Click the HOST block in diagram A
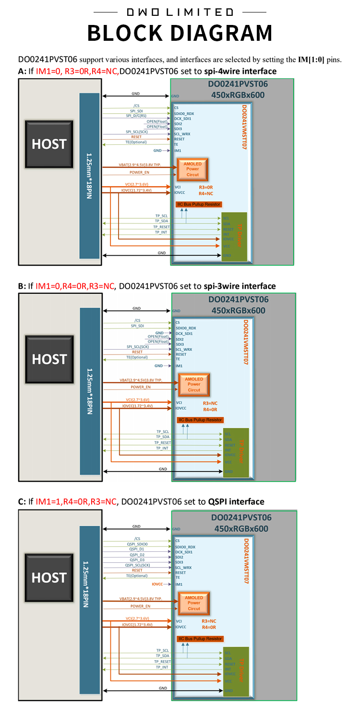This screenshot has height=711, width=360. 49,144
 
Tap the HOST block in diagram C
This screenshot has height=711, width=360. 49,578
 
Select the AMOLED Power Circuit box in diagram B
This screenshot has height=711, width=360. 194,384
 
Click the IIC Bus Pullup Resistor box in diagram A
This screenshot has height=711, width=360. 199,204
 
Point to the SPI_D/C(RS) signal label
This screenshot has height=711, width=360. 136,116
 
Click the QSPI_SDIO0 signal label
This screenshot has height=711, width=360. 137,544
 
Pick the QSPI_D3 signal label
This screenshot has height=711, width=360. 137,559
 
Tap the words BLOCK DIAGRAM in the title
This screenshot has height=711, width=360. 180,33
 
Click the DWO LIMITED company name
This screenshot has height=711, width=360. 180,12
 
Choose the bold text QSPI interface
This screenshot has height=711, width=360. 236,501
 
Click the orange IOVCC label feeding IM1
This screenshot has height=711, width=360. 157,584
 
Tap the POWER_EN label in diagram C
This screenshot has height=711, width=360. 141,606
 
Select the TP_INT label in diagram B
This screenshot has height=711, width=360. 162,448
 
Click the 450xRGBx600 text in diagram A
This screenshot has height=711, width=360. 238,95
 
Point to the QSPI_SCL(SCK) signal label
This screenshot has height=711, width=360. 137,565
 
